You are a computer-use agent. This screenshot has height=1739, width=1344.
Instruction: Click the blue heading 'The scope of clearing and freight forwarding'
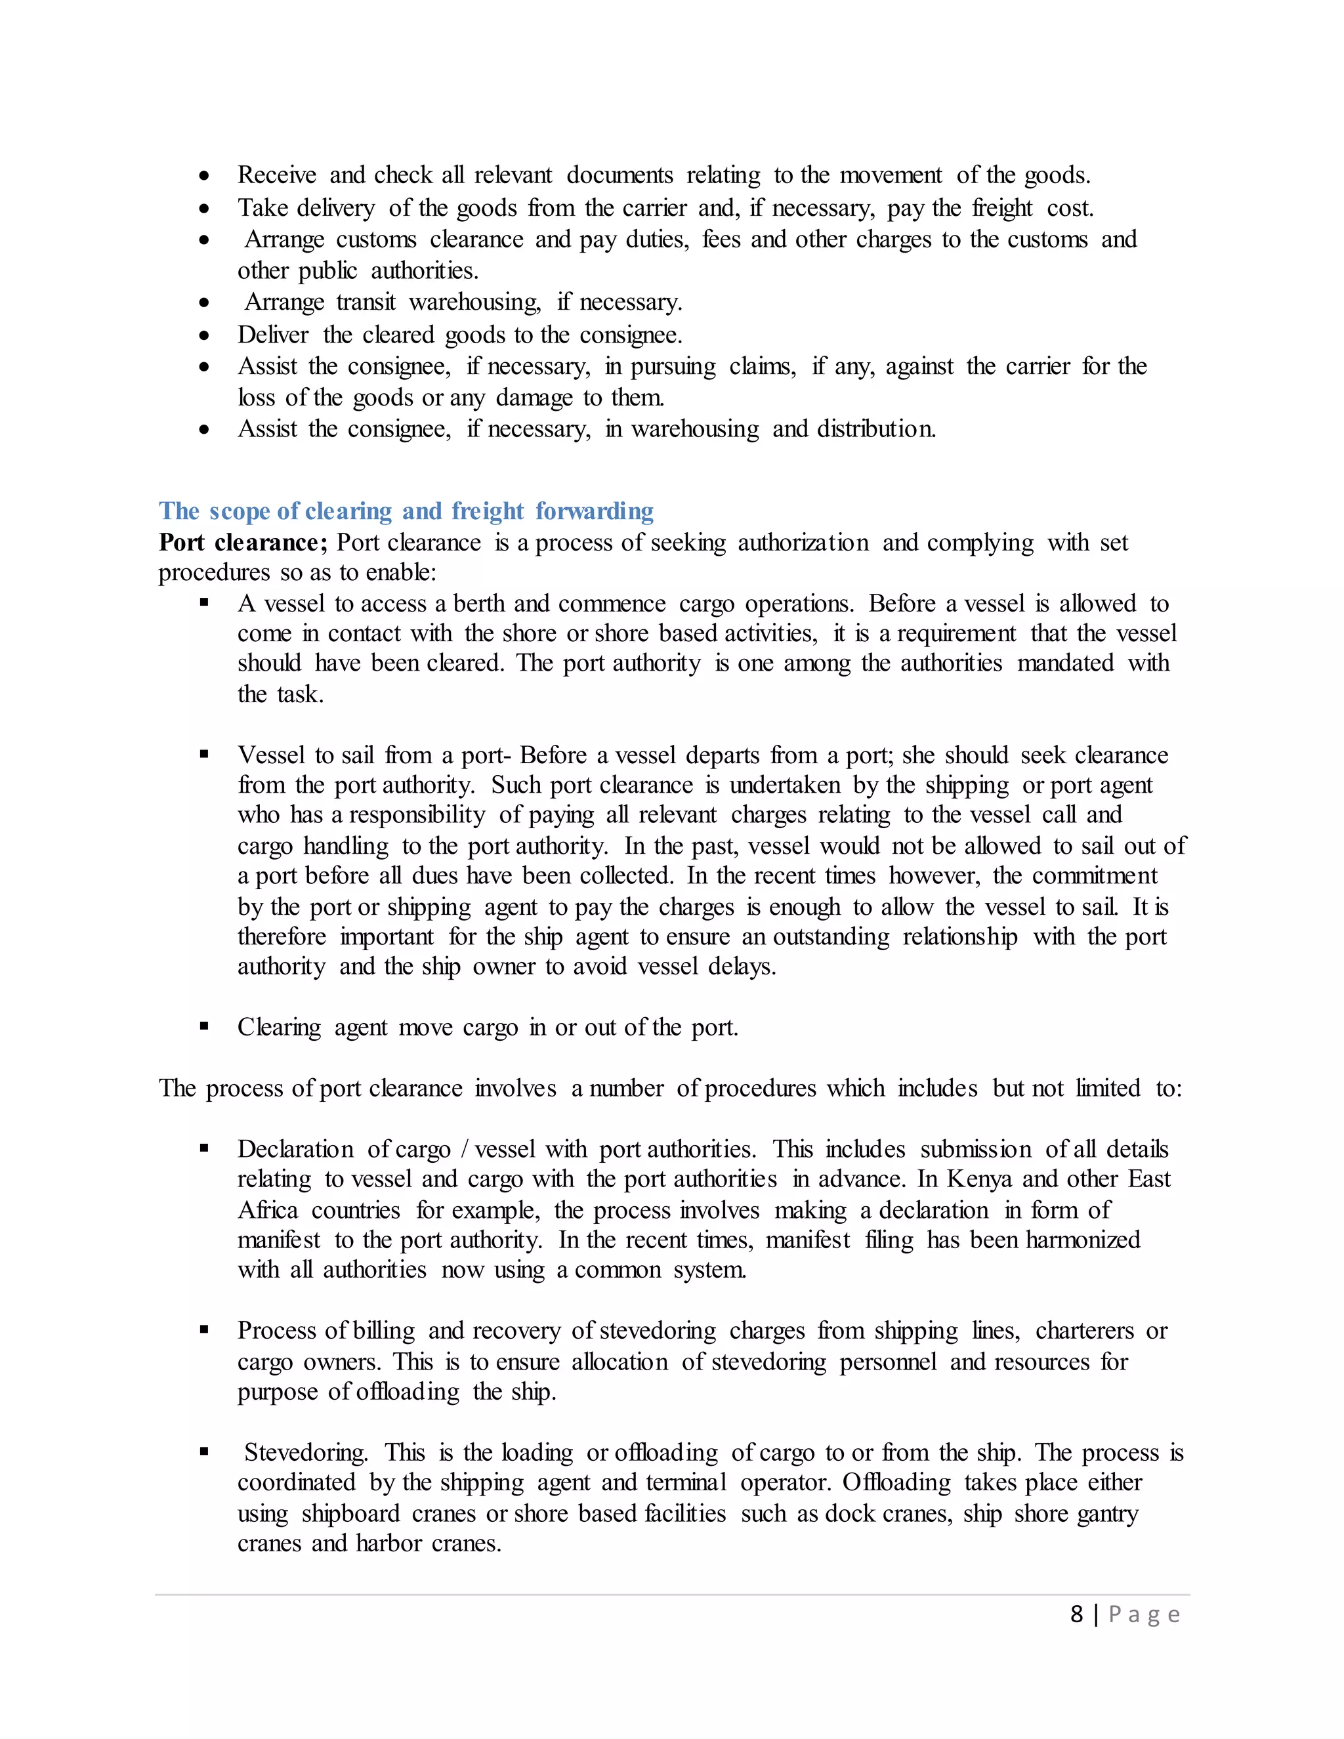406,511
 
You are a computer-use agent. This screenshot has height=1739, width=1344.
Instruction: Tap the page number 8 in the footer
1076,1614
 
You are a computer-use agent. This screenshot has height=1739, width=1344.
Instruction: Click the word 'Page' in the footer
1144,1615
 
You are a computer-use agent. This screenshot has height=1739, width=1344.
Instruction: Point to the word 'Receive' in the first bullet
276,175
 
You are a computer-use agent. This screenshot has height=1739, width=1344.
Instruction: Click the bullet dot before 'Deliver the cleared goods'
205,335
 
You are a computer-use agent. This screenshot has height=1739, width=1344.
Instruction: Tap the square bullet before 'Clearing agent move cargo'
205,1026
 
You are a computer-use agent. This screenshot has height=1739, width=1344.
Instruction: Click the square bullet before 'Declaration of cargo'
205,1148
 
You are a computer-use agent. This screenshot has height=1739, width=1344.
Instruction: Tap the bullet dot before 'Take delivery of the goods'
205,209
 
